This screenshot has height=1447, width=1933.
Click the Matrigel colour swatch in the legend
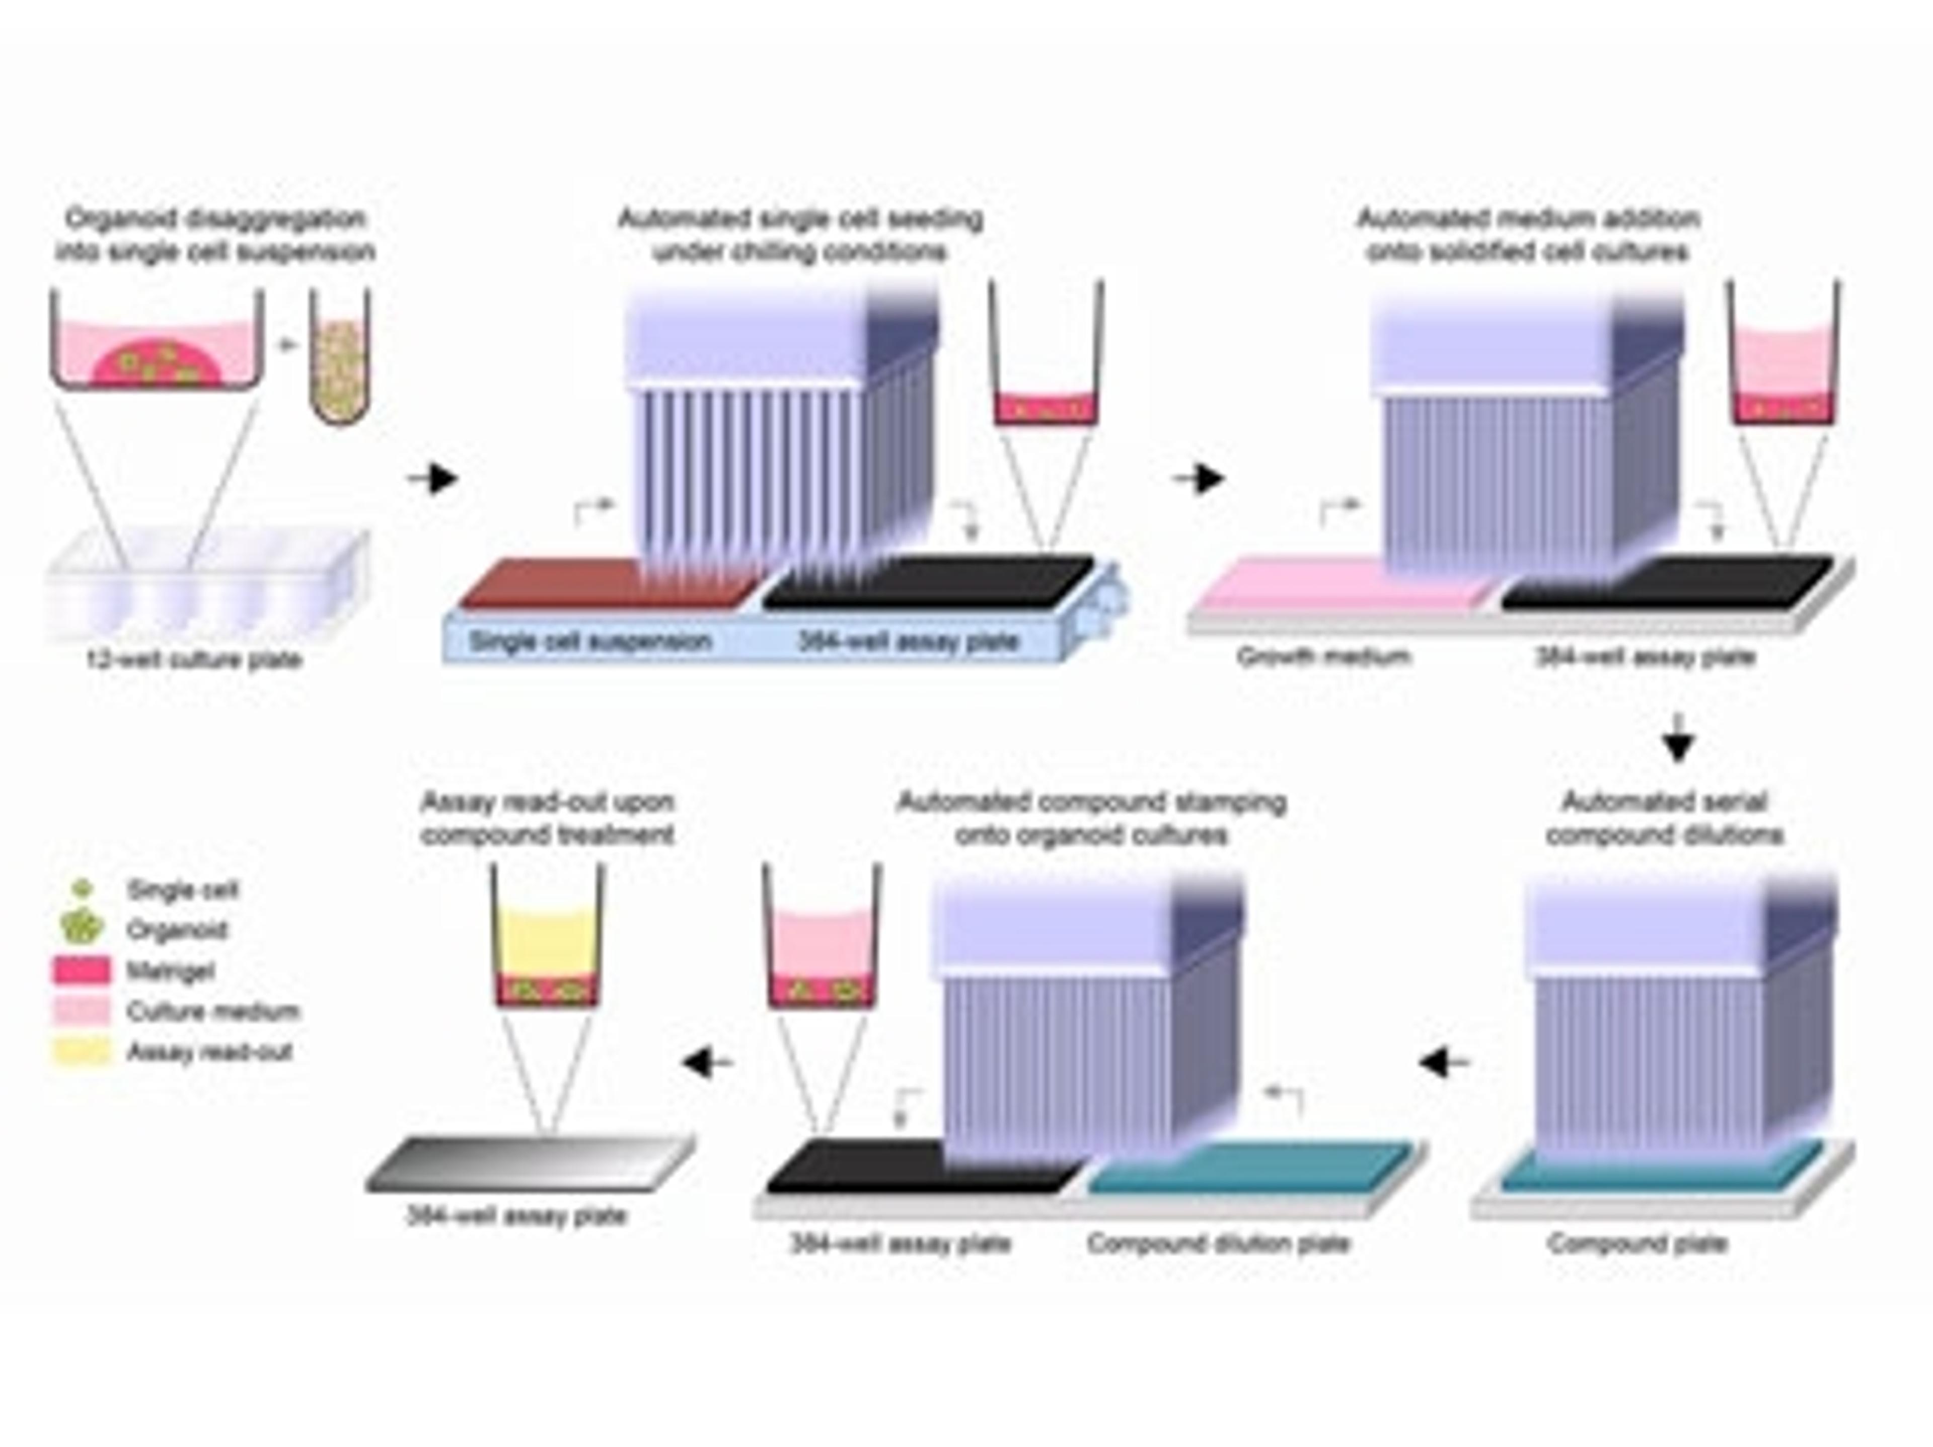click(x=82, y=970)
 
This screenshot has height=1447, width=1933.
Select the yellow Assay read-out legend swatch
click(x=82, y=1051)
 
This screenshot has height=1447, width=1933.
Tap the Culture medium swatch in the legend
click(x=82, y=1011)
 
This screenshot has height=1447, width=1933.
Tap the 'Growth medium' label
click(x=1324, y=656)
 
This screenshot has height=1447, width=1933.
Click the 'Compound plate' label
click(x=1637, y=1243)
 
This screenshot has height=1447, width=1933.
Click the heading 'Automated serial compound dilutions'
click(x=1664, y=818)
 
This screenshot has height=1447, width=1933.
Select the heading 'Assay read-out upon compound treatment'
click(x=547, y=818)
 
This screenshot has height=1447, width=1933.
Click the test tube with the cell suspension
click(x=340, y=358)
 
